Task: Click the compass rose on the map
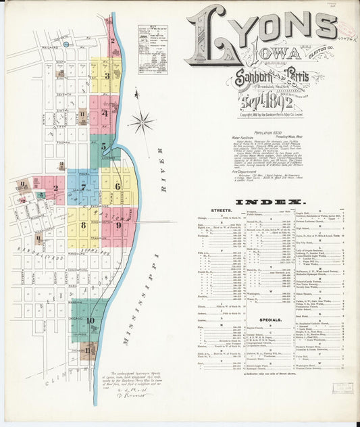(x=142, y=122)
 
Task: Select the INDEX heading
(x=269, y=202)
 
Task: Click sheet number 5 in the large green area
(x=103, y=146)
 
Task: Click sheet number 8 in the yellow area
(x=83, y=226)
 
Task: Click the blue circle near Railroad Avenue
(x=66, y=45)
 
